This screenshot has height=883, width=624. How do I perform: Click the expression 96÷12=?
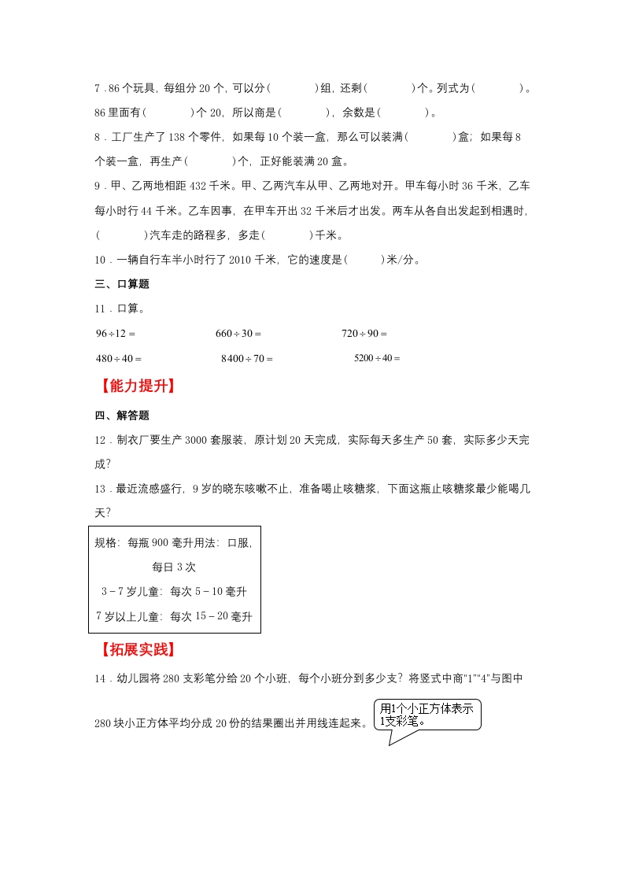(116, 334)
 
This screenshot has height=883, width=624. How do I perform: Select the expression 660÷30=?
(238, 334)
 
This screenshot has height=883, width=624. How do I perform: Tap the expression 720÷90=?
(364, 334)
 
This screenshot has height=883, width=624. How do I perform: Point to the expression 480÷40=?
(119, 358)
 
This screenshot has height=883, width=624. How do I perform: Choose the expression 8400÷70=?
(247, 358)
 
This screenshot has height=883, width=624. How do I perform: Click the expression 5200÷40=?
(377, 358)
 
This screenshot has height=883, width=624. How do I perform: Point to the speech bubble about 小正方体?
(426, 715)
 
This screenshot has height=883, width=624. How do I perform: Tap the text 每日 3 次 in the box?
(174, 567)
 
